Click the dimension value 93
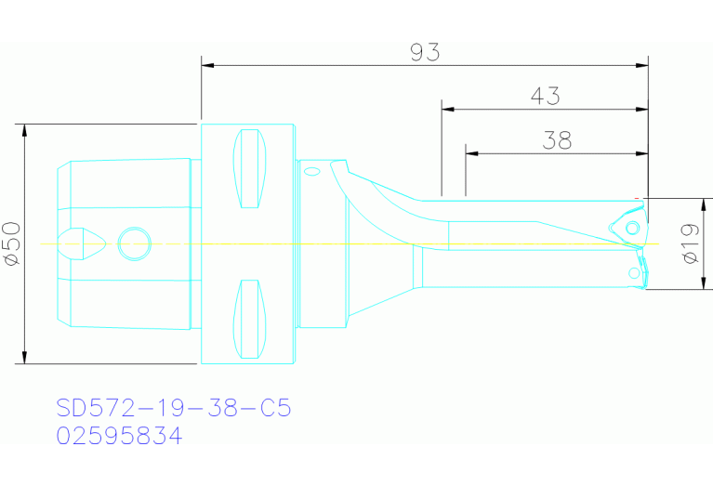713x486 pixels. [425, 52]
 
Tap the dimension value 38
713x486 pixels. [557, 140]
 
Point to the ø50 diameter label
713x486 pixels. [12, 243]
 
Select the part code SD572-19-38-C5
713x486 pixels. [174, 408]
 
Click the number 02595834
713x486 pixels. [120, 436]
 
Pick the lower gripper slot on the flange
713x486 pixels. [248, 318]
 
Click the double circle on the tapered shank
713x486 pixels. [134, 243]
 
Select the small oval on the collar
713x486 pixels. [312, 171]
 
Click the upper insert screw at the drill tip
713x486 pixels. [632, 228]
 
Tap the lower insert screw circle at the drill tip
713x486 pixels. [634, 271]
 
